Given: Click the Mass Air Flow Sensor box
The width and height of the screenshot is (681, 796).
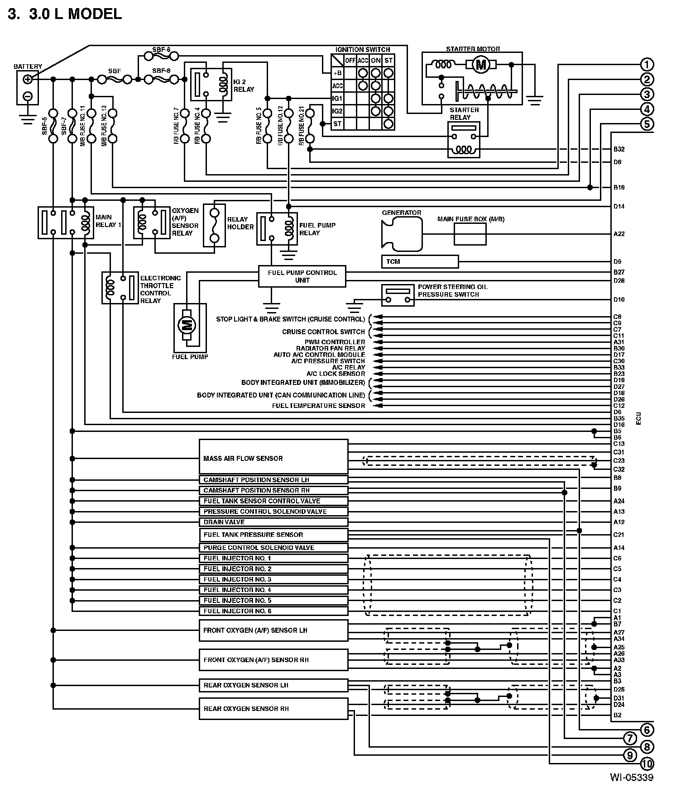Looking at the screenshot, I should click(273, 456).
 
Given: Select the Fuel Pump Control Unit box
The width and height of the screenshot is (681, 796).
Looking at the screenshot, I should click(302, 276).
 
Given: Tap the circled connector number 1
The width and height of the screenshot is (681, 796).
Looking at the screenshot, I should click(647, 65).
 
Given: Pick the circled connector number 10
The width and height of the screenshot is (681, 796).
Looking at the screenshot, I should click(647, 764).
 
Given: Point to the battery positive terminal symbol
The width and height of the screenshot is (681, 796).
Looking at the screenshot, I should click(28, 80).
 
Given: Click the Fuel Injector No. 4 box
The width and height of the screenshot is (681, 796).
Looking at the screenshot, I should click(273, 590).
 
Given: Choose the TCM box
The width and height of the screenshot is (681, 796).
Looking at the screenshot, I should click(420, 261).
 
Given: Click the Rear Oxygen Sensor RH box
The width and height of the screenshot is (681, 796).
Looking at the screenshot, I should click(273, 708).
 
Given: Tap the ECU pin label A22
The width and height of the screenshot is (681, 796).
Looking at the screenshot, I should click(619, 234).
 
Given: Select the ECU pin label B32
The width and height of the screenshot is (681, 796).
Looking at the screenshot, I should click(619, 149).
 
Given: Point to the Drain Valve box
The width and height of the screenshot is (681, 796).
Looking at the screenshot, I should click(273, 522).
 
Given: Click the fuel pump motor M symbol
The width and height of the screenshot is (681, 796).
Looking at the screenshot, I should click(186, 324).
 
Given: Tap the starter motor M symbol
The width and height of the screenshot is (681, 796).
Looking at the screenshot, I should click(481, 65).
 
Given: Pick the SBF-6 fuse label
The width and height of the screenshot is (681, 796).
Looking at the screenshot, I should click(161, 50).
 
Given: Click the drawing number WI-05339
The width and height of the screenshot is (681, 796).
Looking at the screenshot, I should click(632, 778).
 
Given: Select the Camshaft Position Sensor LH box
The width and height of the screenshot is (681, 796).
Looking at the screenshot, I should click(273, 479).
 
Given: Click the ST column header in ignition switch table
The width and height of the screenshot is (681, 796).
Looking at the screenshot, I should click(388, 61).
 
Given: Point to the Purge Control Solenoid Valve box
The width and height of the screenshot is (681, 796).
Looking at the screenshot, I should click(273, 547).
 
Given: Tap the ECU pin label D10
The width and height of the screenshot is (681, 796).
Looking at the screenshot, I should click(619, 299).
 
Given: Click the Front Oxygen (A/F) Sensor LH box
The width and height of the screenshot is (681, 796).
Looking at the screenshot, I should click(273, 630).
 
